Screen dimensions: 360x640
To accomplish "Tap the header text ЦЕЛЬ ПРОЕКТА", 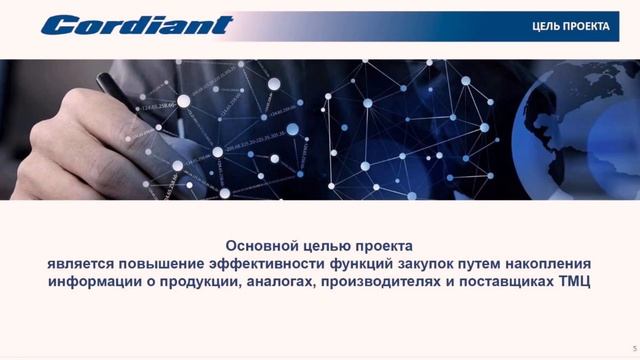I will (570, 26).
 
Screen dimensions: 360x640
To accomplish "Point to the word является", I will (83, 264).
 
